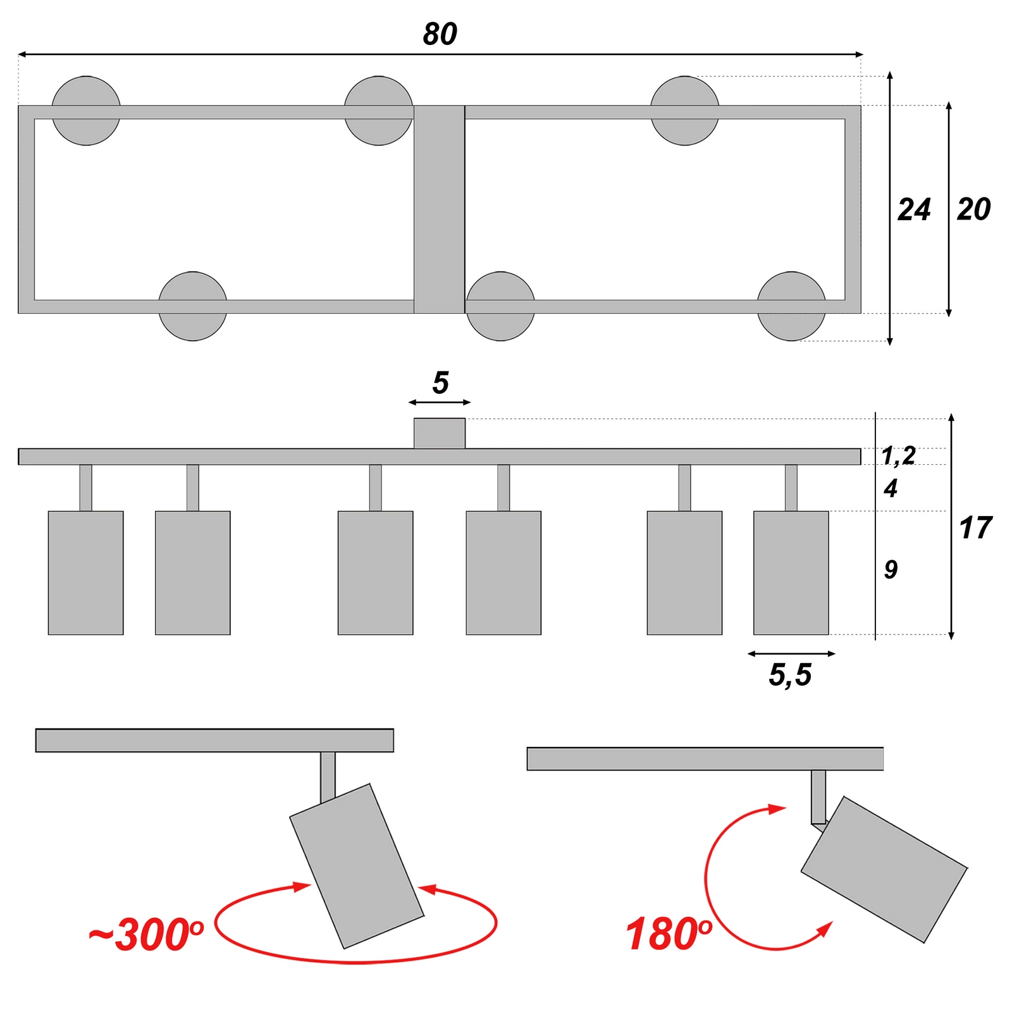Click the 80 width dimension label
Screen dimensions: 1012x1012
[x=440, y=34]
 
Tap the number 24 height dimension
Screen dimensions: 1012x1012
[x=913, y=210]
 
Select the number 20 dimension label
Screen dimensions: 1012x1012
[x=973, y=209]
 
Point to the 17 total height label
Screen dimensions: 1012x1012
[x=975, y=528]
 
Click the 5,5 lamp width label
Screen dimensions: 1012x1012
[x=790, y=675]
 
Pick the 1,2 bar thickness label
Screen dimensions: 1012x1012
[x=898, y=455]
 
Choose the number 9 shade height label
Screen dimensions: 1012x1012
[x=891, y=570]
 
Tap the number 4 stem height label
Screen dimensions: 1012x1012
[x=891, y=488]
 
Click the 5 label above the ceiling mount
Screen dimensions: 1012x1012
[x=440, y=383]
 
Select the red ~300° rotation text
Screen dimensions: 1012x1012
[x=145, y=935]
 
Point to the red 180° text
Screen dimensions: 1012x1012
[x=668, y=935]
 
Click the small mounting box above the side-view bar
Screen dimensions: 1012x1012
[x=440, y=433]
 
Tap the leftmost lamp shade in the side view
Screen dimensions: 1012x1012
[x=86, y=572]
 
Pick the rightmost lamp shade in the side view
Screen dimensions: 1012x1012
[x=791, y=572]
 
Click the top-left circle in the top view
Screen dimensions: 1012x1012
[x=86, y=111]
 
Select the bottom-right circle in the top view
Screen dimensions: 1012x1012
[x=791, y=307]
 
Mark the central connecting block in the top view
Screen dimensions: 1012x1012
[x=440, y=209]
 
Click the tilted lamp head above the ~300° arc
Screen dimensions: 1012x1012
[x=356, y=867]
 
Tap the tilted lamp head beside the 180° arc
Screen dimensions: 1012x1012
[x=884, y=870]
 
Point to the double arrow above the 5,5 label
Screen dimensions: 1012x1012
[x=791, y=653]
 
